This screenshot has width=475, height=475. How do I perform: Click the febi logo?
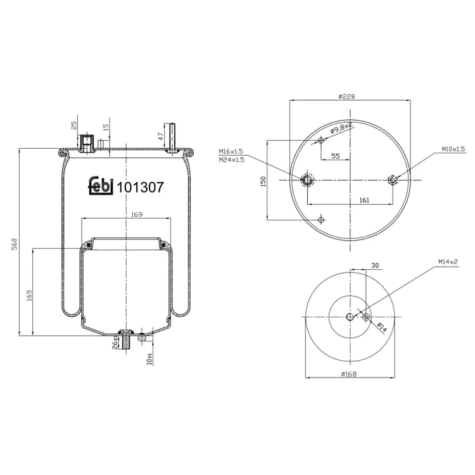tap(101, 186)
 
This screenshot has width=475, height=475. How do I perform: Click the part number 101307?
tap(140, 187)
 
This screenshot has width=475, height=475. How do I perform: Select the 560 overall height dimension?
tap(14, 244)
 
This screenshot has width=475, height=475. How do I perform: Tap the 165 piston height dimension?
tap(29, 295)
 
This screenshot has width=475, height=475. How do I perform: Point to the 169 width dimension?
tap(137, 215)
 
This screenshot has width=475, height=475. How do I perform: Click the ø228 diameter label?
tap(346, 97)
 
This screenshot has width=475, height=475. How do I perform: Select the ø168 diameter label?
tap(349, 374)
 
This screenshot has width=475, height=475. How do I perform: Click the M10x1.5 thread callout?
tap(453, 149)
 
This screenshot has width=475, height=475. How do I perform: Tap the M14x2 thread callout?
tap(448, 262)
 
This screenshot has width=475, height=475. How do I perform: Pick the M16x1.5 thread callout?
tap(231, 151)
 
